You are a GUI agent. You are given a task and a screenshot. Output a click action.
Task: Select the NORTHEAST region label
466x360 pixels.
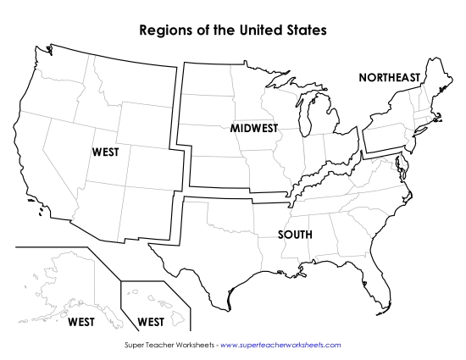(x=389, y=78)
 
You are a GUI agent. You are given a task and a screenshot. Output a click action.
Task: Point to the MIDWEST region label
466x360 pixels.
(x=253, y=128)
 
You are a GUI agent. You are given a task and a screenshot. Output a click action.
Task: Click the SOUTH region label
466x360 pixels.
(x=295, y=234)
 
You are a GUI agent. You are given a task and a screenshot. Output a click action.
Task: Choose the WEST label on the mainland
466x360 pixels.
(x=105, y=152)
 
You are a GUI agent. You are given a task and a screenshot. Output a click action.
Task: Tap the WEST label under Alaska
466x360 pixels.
(x=81, y=322)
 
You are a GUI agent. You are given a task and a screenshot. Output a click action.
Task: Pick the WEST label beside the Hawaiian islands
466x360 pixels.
(x=150, y=322)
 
